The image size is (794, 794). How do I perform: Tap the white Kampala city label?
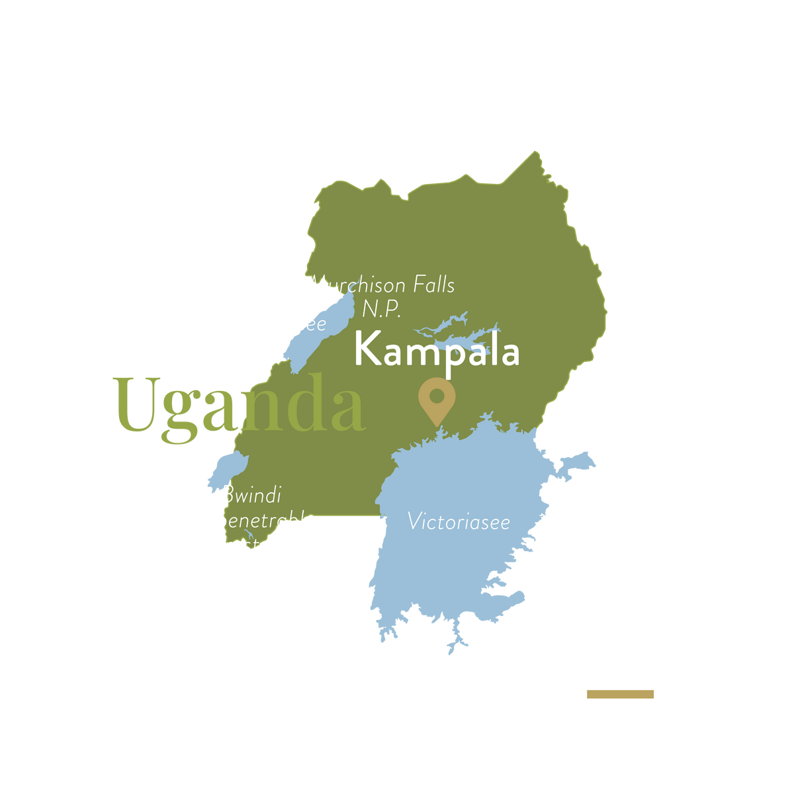click(437, 350)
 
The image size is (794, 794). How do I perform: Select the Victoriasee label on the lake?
click(459, 521)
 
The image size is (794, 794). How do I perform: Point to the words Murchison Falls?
click(382, 286)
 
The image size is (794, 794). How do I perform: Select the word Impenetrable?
click(253, 521)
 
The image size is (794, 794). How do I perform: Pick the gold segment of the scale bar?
click(620, 694)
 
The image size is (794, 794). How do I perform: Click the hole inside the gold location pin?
click(437, 396)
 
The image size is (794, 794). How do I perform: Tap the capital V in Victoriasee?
click(414, 521)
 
